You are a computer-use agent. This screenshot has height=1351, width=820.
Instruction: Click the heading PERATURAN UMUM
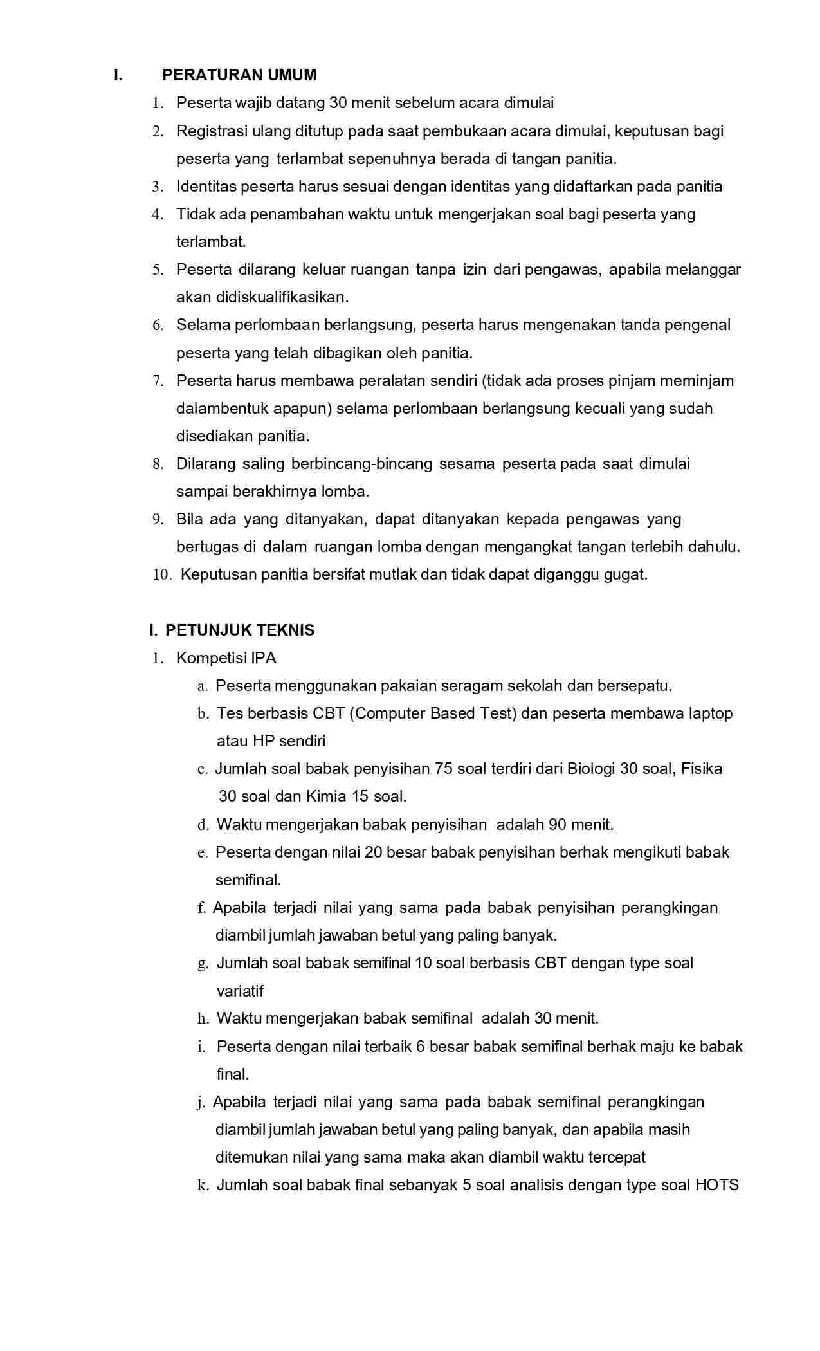click(239, 75)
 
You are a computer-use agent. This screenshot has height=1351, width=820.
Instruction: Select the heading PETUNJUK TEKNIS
click(239, 630)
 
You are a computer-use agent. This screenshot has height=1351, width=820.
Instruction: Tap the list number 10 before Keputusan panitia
click(161, 575)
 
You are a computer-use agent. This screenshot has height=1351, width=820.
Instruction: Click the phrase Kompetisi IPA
click(226, 658)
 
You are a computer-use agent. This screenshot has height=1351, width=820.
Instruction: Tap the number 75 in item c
click(444, 769)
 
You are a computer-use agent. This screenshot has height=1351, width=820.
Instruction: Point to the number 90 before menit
click(558, 825)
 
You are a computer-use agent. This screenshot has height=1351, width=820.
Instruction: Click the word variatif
click(240, 991)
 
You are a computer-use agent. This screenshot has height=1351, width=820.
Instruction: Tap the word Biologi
click(591, 769)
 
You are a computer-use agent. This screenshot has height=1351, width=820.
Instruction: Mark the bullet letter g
click(203, 964)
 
